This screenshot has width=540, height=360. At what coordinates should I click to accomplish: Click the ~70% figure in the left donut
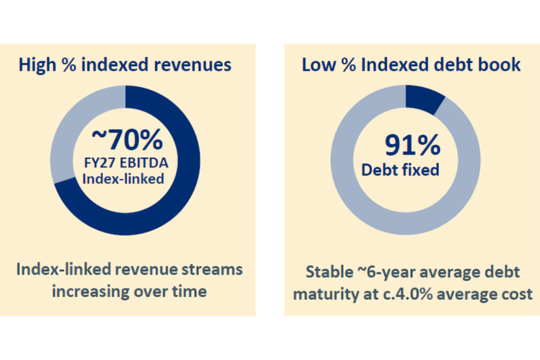(127, 139)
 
